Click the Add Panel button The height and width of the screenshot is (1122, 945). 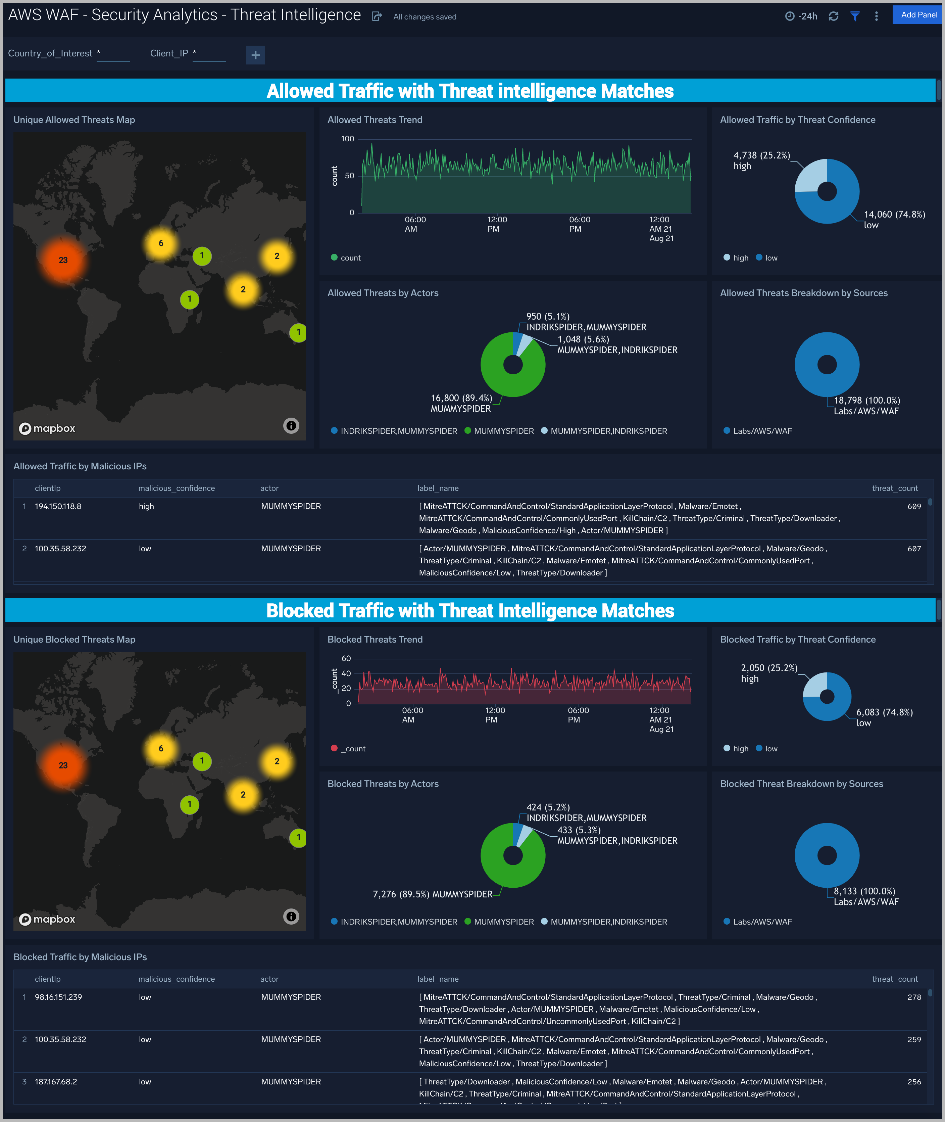pyautogui.click(x=918, y=15)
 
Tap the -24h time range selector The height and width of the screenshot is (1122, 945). pyautogui.click(x=801, y=16)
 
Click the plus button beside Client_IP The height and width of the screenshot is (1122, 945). pyautogui.click(x=255, y=55)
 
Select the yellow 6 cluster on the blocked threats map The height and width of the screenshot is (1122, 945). pyautogui.click(x=161, y=749)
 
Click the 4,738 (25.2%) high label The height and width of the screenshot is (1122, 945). pyautogui.click(x=761, y=160)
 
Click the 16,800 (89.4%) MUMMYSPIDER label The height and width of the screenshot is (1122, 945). pyautogui.click(x=461, y=403)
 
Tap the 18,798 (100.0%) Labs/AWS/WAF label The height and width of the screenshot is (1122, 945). pyautogui.click(x=866, y=406)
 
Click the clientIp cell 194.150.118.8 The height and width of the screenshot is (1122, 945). pyautogui.click(x=58, y=506)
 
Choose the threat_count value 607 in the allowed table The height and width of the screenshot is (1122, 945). pyautogui.click(x=914, y=549)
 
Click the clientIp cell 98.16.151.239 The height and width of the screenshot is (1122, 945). pyautogui.click(x=58, y=997)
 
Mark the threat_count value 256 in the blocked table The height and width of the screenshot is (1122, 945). pyautogui.click(x=914, y=1082)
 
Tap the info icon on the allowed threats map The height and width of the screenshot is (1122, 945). pyautogui.click(x=291, y=426)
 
